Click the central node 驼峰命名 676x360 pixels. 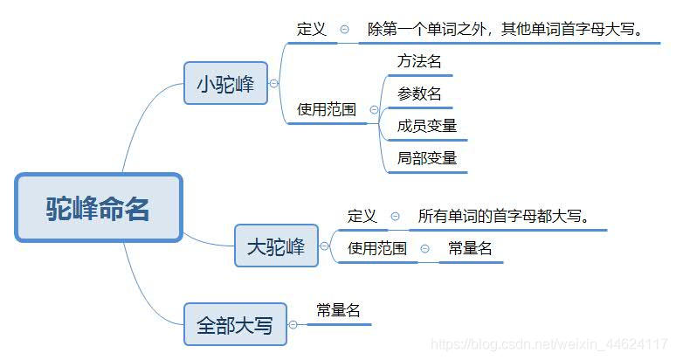[98, 208]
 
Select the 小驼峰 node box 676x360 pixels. [225, 84]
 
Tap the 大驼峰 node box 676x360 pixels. [276, 246]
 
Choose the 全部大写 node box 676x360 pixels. [234, 325]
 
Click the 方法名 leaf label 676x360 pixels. [419, 61]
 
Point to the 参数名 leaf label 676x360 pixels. [419, 93]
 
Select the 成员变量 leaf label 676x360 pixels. [427, 126]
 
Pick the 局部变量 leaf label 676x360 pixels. [427, 158]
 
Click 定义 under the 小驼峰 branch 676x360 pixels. [311, 29]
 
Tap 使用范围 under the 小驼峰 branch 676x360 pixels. [326, 110]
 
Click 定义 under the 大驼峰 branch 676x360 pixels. [362, 216]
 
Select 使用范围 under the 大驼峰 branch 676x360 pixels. [376, 248]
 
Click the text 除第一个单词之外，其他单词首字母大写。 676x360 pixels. [505, 29]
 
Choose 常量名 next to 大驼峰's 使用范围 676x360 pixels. [470, 248]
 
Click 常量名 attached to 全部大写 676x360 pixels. [338, 310]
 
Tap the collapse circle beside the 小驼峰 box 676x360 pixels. [274, 84]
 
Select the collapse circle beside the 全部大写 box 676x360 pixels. [293, 325]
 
